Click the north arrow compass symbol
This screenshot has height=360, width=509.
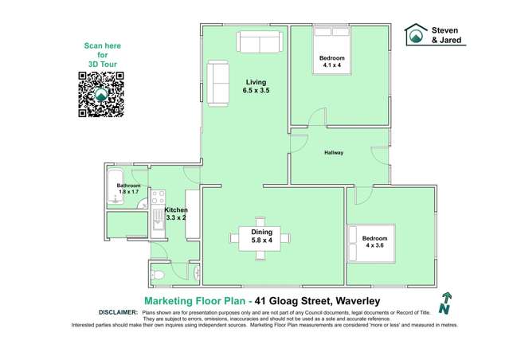tap(445, 300)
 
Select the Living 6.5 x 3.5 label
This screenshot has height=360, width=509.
tap(256, 87)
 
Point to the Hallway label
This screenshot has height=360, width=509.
tap(334, 152)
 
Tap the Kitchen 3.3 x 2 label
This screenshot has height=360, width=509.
tap(175, 213)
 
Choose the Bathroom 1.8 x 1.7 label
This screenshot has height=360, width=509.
tap(129, 189)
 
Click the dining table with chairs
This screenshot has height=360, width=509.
tap(260, 239)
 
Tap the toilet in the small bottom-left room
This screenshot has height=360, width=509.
tap(159, 275)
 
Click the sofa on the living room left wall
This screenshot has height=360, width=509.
tap(217, 84)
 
